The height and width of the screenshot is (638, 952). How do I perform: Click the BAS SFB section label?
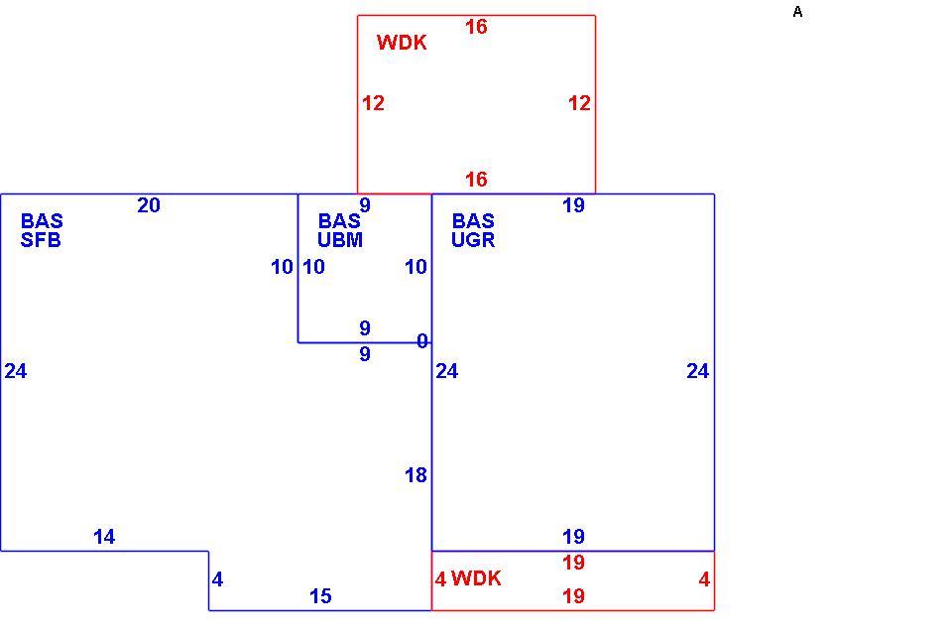[42, 230]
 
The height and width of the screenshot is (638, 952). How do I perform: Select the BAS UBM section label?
[340, 230]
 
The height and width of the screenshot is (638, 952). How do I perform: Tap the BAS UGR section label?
[473, 230]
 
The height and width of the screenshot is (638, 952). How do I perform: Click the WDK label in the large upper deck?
[402, 43]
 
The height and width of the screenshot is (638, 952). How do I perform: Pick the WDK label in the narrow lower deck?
[477, 578]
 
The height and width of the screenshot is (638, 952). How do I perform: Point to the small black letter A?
[797, 12]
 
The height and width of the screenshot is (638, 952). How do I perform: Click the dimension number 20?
[149, 205]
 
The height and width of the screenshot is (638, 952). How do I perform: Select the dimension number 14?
[104, 537]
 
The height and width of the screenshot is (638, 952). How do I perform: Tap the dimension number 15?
[320, 596]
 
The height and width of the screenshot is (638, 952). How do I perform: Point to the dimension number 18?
[416, 475]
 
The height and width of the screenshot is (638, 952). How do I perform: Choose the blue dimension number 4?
[217, 579]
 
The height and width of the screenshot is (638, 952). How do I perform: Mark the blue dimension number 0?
[422, 341]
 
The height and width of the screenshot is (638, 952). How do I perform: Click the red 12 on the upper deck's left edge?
[374, 103]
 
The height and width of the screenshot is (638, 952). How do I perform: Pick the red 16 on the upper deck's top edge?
[476, 27]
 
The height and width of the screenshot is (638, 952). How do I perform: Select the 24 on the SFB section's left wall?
[16, 371]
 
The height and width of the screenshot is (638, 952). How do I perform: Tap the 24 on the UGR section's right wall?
[697, 371]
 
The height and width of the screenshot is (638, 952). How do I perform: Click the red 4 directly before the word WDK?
[440, 579]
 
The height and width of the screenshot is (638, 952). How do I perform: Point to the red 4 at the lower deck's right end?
[704, 579]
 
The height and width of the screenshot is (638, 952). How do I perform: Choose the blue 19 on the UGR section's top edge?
[573, 205]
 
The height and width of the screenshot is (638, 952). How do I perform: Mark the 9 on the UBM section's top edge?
[365, 205]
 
